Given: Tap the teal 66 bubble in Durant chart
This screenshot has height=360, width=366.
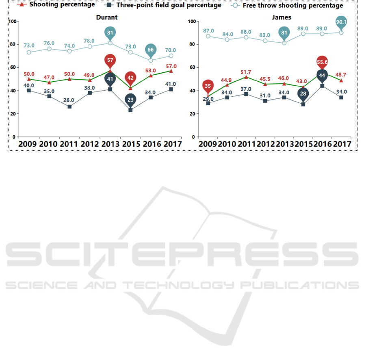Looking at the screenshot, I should (x=151, y=50).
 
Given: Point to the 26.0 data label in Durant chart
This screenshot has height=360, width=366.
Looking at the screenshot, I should (x=69, y=100).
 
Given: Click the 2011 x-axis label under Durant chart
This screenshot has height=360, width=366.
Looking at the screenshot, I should (x=70, y=144).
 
